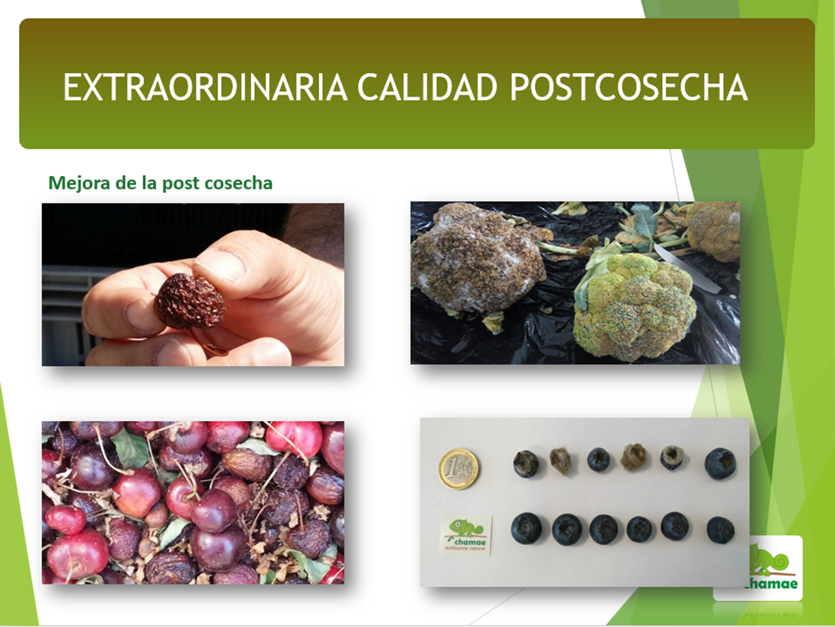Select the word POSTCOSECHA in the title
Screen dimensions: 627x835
coord(628,87)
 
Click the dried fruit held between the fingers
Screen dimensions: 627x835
coord(189,301)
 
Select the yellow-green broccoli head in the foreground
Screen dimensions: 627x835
coord(634,306)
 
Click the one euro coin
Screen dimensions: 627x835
coord(459,468)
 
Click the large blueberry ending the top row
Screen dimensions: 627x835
coord(720,463)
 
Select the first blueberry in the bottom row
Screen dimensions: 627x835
coord(526,528)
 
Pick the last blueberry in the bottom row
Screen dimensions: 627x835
coord(720,529)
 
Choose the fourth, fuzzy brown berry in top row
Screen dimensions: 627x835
coord(634,457)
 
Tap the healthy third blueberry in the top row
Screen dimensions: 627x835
coord(599,460)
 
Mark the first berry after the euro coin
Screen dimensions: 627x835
coord(526,464)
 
